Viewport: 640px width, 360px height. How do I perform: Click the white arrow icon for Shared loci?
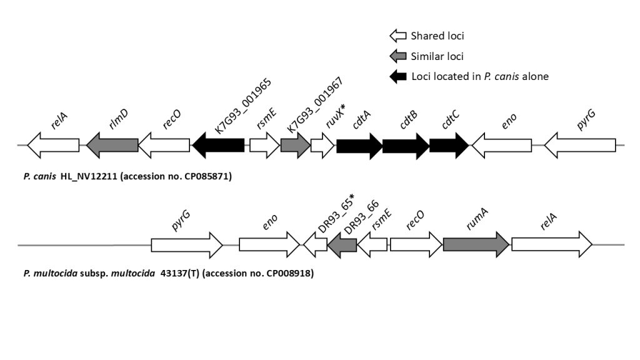(397, 36)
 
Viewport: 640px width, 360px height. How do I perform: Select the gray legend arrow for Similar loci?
(397, 57)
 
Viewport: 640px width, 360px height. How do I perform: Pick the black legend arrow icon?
(397, 77)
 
